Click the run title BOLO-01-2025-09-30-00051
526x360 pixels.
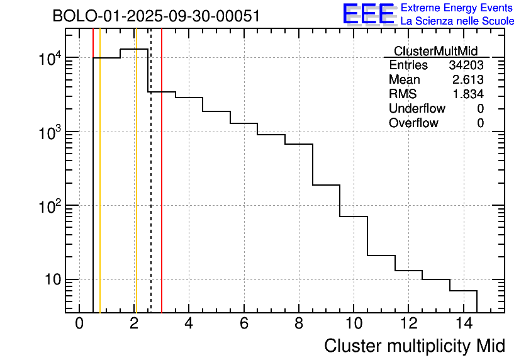coord(156,16)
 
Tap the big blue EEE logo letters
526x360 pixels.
coord(369,14)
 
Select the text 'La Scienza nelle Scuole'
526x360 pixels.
coord(457,21)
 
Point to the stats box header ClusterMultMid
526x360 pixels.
coord(435,51)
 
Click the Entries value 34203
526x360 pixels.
coord(466,65)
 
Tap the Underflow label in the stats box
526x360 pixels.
coord(417,108)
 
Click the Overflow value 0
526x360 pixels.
coord(480,123)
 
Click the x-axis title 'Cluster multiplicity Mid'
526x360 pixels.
coord(414,346)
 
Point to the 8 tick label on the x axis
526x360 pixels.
coord(298,323)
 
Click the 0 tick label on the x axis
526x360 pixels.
coord(79,323)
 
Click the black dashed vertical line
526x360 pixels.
coord(151,189)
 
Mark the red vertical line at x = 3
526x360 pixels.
coord(162,189)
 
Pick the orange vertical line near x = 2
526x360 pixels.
coord(135,189)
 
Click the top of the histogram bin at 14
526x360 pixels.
coord(463,291)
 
